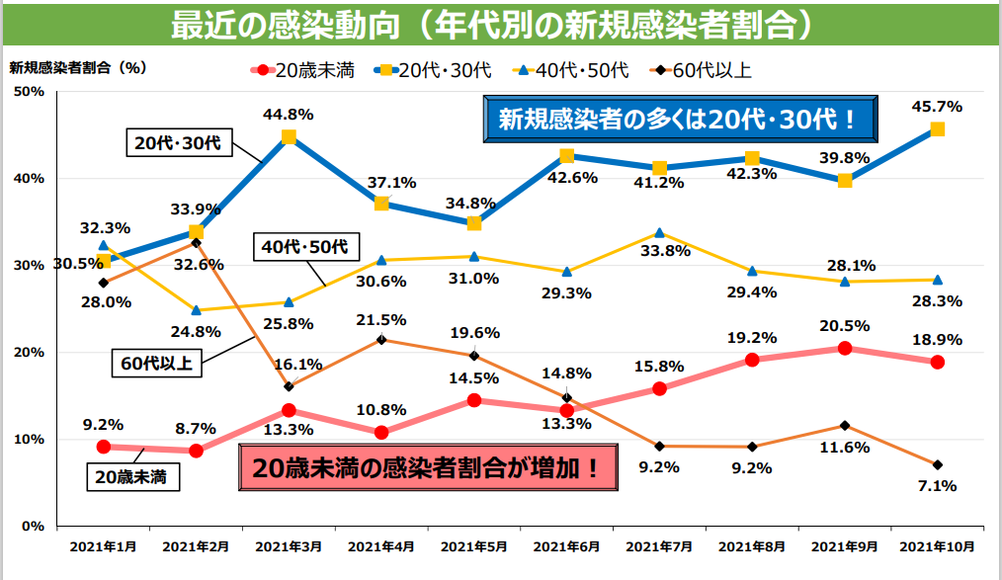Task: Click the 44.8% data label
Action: pyautogui.click(x=288, y=114)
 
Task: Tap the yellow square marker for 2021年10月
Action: pyautogui.click(x=937, y=129)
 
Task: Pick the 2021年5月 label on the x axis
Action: pyautogui.click(x=473, y=545)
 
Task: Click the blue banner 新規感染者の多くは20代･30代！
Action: pyautogui.click(x=682, y=121)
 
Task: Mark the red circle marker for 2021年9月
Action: pyautogui.click(x=844, y=348)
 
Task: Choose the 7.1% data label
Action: pyautogui.click(x=938, y=485)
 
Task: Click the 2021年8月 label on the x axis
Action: pyautogui.click(x=751, y=545)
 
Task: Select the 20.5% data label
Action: pyautogui.click(x=844, y=326)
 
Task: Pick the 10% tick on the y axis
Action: pyautogui.click(x=30, y=439)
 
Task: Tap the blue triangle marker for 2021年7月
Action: pyautogui.click(x=659, y=232)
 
